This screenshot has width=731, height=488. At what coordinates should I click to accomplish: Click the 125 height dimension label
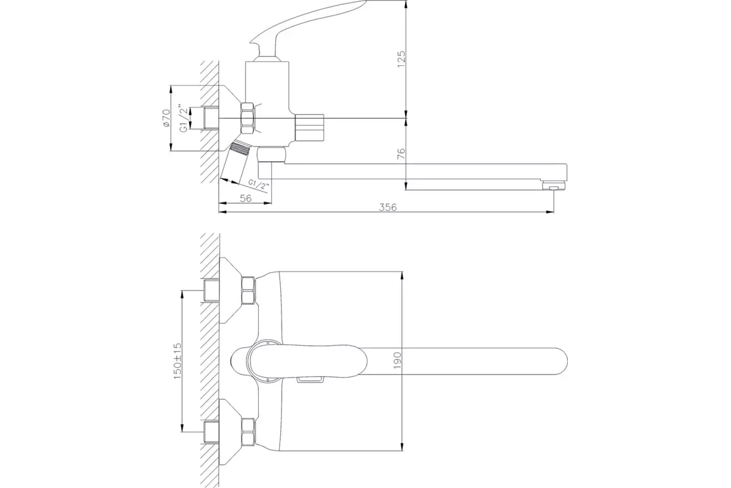pyautogui.click(x=401, y=59)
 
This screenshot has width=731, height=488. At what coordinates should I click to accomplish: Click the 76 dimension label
pyautogui.click(x=401, y=153)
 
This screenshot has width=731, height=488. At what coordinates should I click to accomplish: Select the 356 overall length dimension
pyautogui.click(x=387, y=207)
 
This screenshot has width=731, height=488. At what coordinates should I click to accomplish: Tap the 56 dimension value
pyautogui.click(x=245, y=198)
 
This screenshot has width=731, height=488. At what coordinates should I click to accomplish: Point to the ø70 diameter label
pyautogui.click(x=166, y=118)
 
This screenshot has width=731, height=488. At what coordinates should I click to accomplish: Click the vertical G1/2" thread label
pyautogui.click(x=184, y=118)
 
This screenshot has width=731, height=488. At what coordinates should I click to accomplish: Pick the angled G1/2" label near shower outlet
pyautogui.click(x=258, y=185)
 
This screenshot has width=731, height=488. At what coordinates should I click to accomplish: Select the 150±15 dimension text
pyautogui.click(x=177, y=361)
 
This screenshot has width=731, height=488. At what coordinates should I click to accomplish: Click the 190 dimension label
pyautogui.click(x=397, y=361)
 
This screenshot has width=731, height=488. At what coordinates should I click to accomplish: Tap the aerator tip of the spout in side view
pyautogui.click(x=554, y=186)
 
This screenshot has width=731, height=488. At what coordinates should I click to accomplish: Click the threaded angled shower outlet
pyautogui.click(x=236, y=162)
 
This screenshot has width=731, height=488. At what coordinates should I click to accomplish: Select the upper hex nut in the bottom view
pyautogui.click(x=248, y=290)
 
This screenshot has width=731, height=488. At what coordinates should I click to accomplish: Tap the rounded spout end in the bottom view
pyautogui.click(x=560, y=361)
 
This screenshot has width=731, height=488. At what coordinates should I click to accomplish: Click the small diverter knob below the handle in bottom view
pyautogui.click(x=310, y=379)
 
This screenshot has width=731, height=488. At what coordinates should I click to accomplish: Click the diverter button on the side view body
pyautogui.click(x=309, y=128)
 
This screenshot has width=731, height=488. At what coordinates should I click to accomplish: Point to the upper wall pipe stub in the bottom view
pyautogui.click(x=211, y=290)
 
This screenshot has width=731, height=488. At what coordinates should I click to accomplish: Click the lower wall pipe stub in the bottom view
pyautogui.click(x=211, y=432)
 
